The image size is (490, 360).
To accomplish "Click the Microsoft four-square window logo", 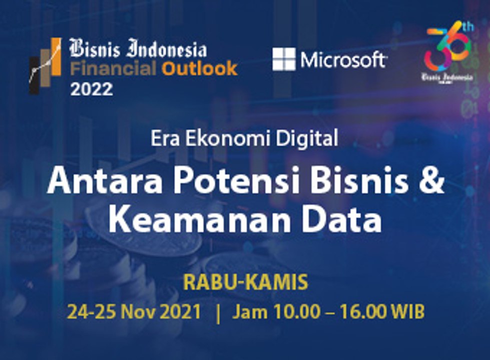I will click(x=284, y=59).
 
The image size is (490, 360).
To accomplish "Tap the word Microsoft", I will click(x=343, y=60).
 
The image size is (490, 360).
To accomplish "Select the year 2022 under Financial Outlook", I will click(x=92, y=88).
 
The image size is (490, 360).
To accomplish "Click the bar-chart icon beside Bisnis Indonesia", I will click(x=46, y=65).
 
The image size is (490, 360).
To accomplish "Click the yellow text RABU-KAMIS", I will click(x=245, y=283).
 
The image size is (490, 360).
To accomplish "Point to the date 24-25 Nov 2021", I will click(x=134, y=312).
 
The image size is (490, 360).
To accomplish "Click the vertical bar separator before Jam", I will click(x=217, y=312).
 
